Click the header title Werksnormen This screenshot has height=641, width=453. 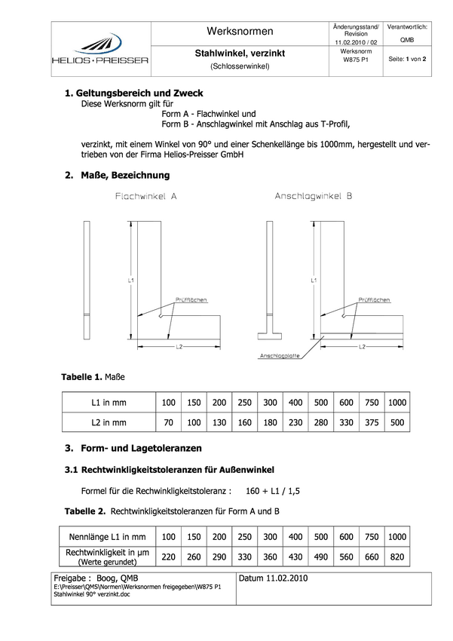(x=240, y=31)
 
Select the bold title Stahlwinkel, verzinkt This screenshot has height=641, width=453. (x=240, y=53)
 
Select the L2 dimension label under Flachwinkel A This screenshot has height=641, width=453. (x=180, y=347)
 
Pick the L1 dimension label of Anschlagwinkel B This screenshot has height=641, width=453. (x=313, y=280)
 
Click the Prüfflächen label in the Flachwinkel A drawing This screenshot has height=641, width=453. (x=191, y=300)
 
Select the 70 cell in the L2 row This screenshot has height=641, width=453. (x=168, y=422)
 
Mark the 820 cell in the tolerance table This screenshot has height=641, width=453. (x=396, y=557)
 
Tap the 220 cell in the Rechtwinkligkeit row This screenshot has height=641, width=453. (x=168, y=557)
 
